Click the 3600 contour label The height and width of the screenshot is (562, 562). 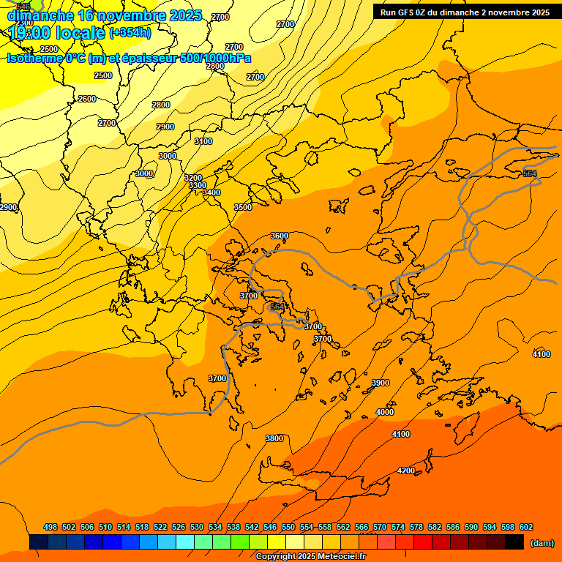tap(280, 236)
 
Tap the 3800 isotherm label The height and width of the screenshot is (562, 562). tap(274, 438)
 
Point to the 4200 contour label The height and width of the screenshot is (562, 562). tap(406, 470)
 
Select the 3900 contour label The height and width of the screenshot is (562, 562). tap(381, 383)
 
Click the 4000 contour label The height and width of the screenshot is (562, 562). tap(385, 412)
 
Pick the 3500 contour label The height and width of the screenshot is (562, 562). tap(243, 207)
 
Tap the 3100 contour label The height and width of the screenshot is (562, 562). tap(203, 141)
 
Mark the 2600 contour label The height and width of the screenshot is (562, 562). tap(87, 99)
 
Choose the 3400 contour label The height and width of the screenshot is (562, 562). tap(211, 192)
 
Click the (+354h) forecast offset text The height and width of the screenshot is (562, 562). tap(130, 32)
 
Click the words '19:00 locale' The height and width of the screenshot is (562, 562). tap(56, 33)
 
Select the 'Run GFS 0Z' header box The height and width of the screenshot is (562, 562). tap(465, 12)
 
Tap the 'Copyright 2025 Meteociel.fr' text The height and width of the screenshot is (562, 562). tap(310, 556)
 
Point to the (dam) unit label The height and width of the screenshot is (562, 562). tap(542, 542)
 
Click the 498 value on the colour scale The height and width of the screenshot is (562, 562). tap(50, 527)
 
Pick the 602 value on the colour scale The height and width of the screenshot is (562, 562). tap(526, 527)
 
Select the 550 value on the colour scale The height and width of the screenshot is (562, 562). tap(288, 527)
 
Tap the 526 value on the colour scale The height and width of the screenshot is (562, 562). tap(179, 527)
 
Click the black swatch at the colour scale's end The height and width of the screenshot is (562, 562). tap(514, 542)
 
